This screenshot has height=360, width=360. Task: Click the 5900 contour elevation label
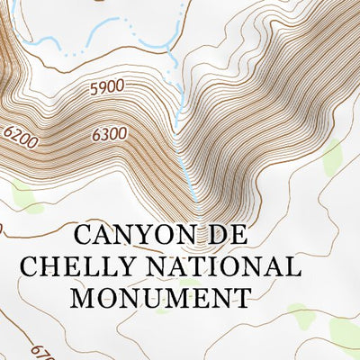(106, 88)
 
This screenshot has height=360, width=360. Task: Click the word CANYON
(132, 236)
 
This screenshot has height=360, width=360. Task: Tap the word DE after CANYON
(225, 236)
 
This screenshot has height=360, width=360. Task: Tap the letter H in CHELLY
(49, 266)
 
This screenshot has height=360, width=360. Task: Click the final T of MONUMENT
(239, 297)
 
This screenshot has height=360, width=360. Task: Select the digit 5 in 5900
(94, 89)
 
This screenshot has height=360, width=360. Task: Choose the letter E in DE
(237, 236)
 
